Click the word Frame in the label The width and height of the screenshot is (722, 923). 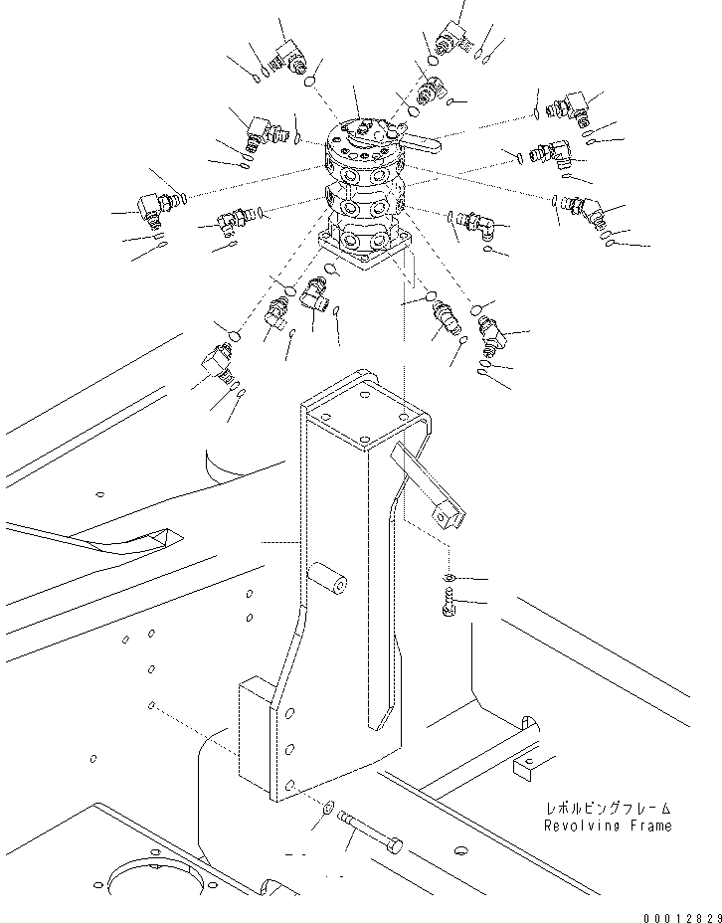tap(650, 826)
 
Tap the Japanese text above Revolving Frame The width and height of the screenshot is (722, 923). tap(609, 809)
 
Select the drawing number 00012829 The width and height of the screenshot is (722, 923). tap(682, 916)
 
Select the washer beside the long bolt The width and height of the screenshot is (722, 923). tap(328, 806)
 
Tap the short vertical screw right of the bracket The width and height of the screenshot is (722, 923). tap(449, 602)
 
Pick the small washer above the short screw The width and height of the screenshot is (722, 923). tap(450, 578)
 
